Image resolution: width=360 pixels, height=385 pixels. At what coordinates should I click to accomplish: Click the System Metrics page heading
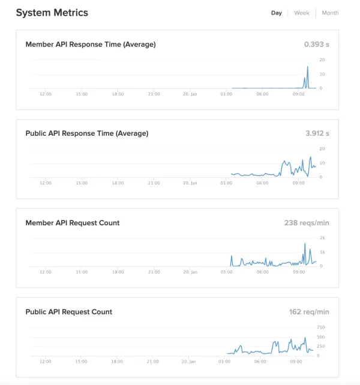pyautogui.click(x=52, y=13)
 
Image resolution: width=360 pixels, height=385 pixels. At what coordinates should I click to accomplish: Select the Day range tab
pyautogui.click(x=277, y=13)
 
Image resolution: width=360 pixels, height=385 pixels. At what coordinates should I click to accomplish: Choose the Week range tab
pyautogui.click(x=302, y=13)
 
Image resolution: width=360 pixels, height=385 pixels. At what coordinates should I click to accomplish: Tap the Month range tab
pyautogui.click(x=330, y=13)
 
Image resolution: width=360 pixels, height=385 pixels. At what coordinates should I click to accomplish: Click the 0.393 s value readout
pyautogui.click(x=317, y=44)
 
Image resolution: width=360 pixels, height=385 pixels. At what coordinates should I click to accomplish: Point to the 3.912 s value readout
pyautogui.click(x=317, y=133)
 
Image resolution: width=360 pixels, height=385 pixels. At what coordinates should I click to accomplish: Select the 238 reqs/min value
pyautogui.click(x=307, y=223)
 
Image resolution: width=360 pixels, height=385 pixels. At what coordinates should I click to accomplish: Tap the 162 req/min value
pyautogui.click(x=309, y=312)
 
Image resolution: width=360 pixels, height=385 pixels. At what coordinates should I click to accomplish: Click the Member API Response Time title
pyautogui.click(x=91, y=44)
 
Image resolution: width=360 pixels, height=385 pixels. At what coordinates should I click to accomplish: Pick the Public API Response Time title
pyautogui.click(x=87, y=133)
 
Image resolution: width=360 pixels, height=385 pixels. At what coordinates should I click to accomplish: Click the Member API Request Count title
pyautogui.click(x=73, y=223)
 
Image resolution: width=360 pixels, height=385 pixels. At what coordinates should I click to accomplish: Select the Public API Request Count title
pyautogui.click(x=68, y=312)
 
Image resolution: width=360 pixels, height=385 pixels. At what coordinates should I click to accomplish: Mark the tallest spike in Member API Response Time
pyautogui.click(x=308, y=67)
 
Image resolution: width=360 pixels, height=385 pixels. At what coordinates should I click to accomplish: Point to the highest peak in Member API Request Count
pyautogui.click(x=305, y=244)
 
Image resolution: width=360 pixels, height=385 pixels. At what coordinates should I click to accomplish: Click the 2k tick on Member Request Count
pyautogui.click(x=322, y=238)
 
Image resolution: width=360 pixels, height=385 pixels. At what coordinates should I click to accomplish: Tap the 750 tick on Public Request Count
pyautogui.click(x=321, y=327)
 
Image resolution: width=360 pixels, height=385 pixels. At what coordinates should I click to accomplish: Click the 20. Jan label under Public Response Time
pyautogui.click(x=190, y=183)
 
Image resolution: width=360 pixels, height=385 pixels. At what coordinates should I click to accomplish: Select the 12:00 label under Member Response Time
pyautogui.click(x=46, y=94)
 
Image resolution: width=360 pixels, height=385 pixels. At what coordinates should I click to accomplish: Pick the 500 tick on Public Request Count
pyautogui.click(x=321, y=337)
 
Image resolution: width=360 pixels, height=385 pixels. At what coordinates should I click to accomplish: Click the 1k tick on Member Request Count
pyautogui.click(x=322, y=252)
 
